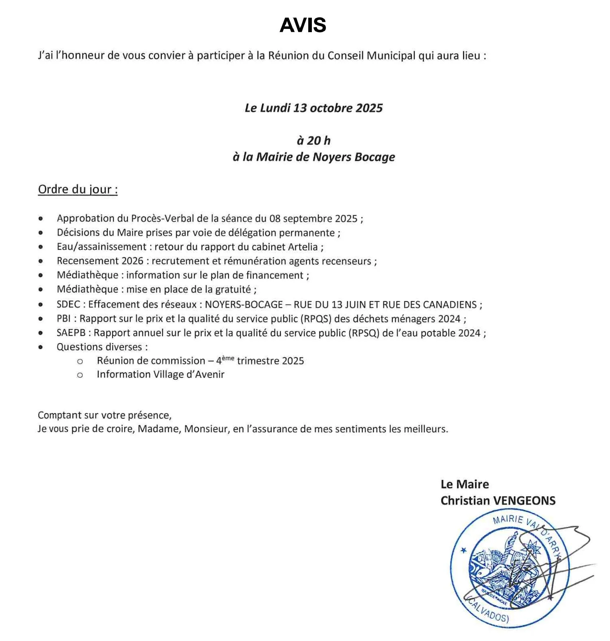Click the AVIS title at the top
(x=303, y=25)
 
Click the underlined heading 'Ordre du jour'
(x=78, y=189)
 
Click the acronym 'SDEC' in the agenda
(x=68, y=304)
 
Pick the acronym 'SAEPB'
(x=71, y=333)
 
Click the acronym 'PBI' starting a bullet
(x=64, y=319)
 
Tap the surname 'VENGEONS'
(x=524, y=501)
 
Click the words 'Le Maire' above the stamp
(x=465, y=484)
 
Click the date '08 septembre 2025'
(x=313, y=218)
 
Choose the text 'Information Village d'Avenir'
(x=160, y=374)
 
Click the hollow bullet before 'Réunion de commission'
(x=80, y=361)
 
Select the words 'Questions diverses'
(x=99, y=347)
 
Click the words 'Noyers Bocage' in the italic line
(x=353, y=157)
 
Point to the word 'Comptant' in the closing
(x=60, y=415)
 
